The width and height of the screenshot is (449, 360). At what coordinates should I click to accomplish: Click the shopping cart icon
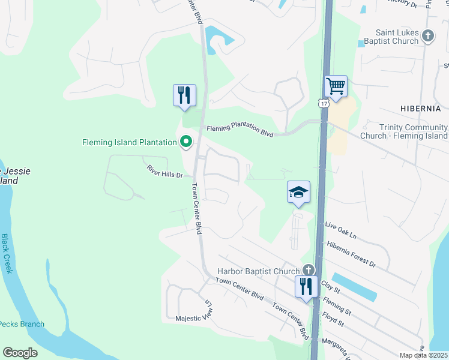click(x=336, y=86)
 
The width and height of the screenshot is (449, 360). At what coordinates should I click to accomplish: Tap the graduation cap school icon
click(x=298, y=193)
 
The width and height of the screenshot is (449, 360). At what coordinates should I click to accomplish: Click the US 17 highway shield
click(x=324, y=104)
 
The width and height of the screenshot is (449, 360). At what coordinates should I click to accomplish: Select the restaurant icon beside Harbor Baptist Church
click(x=306, y=286)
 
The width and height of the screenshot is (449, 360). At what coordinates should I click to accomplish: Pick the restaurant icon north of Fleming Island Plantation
click(x=184, y=95)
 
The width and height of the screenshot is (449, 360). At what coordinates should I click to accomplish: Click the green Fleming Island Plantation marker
click(x=186, y=142)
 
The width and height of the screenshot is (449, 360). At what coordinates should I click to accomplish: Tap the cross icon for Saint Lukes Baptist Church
click(x=427, y=36)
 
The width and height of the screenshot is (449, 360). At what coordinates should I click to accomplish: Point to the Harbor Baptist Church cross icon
click(x=309, y=271)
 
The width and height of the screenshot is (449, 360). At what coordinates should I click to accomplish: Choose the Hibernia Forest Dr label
click(x=351, y=254)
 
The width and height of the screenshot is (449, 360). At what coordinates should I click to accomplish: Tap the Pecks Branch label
click(x=22, y=324)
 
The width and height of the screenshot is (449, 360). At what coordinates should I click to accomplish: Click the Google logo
click(x=20, y=353)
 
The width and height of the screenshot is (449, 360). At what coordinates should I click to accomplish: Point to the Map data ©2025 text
click(x=423, y=355)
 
